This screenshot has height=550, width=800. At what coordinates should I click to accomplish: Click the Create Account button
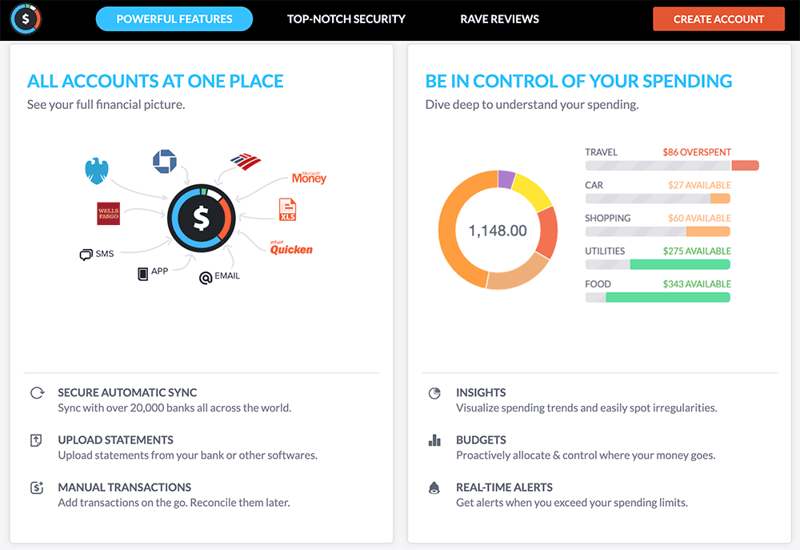pyautogui.click(x=718, y=19)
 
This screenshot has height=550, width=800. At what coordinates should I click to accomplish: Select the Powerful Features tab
pyautogui.click(x=174, y=19)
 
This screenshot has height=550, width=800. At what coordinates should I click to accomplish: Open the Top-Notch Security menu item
pyautogui.click(x=346, y=19)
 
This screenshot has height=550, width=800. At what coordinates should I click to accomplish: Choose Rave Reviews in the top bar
pyautogui.click(x=499, y=19)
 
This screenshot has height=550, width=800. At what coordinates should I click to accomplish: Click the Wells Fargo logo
pyautogui.click(x=108, y=213)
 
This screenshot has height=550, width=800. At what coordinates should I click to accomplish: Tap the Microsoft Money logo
pyautogui.click(x=309, y=178)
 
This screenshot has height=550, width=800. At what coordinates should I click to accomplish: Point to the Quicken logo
pyautogui.click(x=291, y=248)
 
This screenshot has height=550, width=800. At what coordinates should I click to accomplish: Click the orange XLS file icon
pyautogui.click(x=287, y=210)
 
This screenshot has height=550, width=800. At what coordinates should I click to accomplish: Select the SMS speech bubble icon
pyautogui.click(x=86, y=255)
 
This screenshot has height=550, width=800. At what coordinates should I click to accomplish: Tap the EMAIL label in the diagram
pyautogui.click(x=226, y=276)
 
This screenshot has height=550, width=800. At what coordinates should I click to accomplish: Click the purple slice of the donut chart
pyautogui.click(x=506, y=179)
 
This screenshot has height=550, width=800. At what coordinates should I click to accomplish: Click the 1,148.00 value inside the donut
pyautogui.click(x=498, y=231)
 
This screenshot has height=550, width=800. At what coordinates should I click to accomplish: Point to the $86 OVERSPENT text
pyautogui.click(x=696, y=152)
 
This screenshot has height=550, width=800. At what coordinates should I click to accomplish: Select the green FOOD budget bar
pyautogui.click(x=667, y=297)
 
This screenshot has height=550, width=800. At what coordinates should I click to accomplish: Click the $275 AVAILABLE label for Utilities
pyautogui.click(x=696, y=251)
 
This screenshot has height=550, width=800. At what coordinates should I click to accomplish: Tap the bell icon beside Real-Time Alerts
pyautogui.click(x=434, y=488)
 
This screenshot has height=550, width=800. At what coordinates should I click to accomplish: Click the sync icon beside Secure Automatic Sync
pyautogui.click(x=37, y=393)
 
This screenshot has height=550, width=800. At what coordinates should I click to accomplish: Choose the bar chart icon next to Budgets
pyautogui.click(x=434, y=440)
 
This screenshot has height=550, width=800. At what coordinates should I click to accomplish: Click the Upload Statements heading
pyautogui.click(x=115, y=440)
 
